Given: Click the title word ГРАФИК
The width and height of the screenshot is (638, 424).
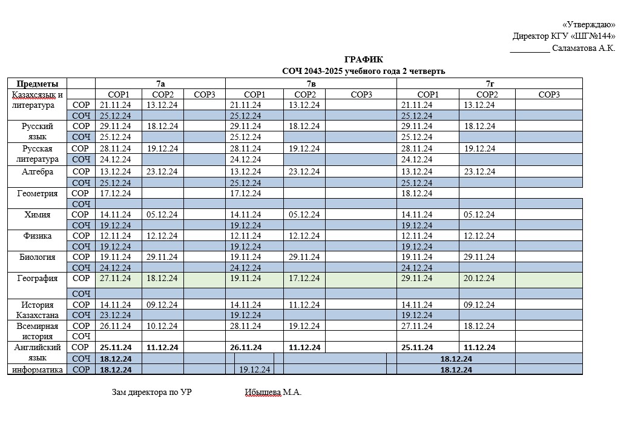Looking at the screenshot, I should pos(363,59).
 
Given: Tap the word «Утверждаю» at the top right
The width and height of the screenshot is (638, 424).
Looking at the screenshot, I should pos(588,25).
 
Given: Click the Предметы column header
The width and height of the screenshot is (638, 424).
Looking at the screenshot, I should pos(38,84).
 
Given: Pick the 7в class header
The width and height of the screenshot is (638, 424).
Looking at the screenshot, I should pos(311,84).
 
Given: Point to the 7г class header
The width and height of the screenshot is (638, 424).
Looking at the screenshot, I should pos(489,84).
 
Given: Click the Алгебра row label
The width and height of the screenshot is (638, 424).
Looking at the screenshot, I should pos(38,172).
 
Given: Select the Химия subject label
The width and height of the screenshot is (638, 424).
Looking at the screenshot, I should pos(38,214).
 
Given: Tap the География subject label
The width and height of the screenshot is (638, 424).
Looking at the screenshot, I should pos(38,279).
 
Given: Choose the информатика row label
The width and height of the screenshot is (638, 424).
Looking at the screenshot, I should pos(38,369).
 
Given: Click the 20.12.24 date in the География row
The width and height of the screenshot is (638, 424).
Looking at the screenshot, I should pos(479,279).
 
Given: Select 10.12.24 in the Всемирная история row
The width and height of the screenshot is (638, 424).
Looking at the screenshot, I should pos(162,326).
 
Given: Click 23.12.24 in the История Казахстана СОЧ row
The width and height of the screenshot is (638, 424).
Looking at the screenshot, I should pos(116,315).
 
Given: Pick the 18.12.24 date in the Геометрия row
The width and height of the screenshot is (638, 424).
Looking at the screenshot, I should pos(416,194).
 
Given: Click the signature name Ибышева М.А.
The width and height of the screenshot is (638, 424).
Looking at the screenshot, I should pos(273,393).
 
